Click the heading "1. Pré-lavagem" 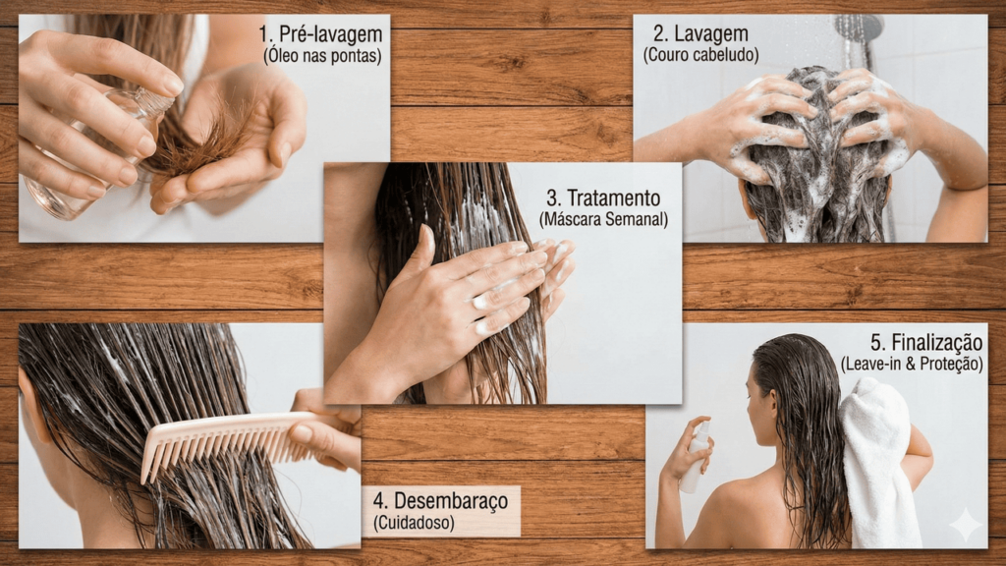[x=320, y=33]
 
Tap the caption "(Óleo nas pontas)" [x=322, y=56]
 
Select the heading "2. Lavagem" [x=700, y=32]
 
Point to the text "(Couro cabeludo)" [x=700, y=55]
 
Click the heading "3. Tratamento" [x=603, y=198]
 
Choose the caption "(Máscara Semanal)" [x=603, y=219]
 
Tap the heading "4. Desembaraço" [x=440, y=500]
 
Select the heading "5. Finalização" [x=925, y=343]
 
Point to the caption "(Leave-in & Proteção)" [x=912, y=365]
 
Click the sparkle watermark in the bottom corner [x=966, y=526]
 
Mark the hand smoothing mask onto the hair [x=456, y=295]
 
